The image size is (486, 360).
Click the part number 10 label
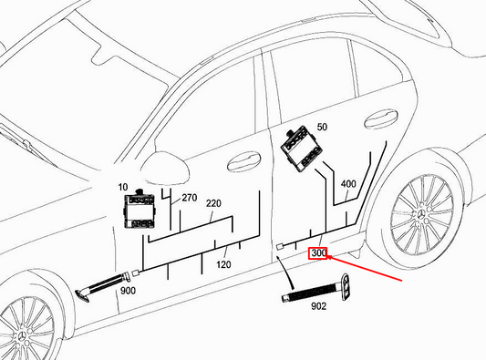pyautogui.click(x=122, y=188)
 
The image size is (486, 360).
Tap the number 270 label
pyautogui.click(x=189, y=197)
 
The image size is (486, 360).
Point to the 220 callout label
pyautogui.click(x=213, y=204)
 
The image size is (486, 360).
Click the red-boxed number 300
pyautogui.click(x=318, y=252)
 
